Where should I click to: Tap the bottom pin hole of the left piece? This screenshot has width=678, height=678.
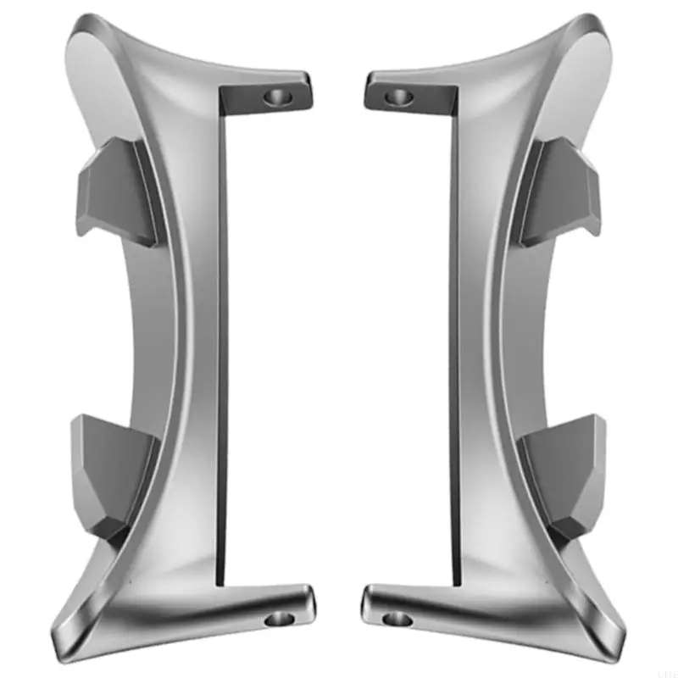(275, 620)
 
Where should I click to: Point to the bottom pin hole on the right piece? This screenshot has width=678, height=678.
(397, 620)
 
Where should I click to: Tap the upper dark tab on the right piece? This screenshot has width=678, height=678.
(559, 191)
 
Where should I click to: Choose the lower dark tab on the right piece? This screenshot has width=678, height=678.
(564, 470)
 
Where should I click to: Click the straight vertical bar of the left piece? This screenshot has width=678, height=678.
(223, 339)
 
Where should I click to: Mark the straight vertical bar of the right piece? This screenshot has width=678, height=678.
(454, 339)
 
